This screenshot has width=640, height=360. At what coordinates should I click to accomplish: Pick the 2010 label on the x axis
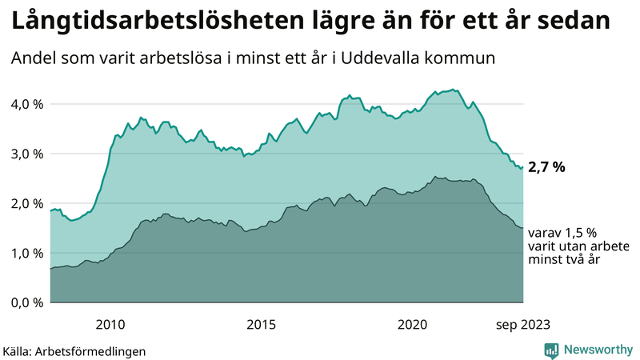click(x=110, y=324)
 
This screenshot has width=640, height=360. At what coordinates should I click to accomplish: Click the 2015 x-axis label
click(x=261, y=324)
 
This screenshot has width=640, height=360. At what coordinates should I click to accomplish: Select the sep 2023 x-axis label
click(x=522, y=324)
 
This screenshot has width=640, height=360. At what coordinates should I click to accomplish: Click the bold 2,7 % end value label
click(x=547, y=168)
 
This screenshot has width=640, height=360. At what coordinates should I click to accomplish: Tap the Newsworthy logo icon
click(x=551, y=350)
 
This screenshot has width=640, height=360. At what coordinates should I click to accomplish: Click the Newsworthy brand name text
click(x=598, y=350)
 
